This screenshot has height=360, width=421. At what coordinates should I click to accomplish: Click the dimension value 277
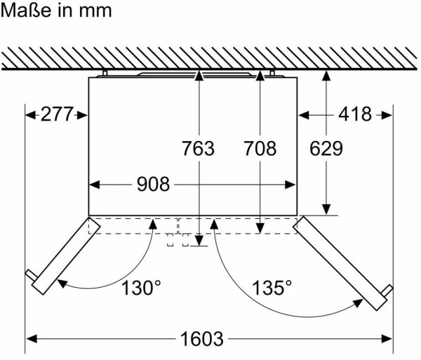click(x=57, y=114)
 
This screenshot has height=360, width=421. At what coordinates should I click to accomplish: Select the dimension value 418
click(x=355, y=114)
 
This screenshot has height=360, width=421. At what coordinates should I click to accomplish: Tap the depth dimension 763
click(x=199, y=148)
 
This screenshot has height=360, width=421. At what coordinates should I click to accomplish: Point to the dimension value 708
click(x=260, y=148)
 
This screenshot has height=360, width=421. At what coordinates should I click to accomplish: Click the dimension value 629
click(x=326, y=148)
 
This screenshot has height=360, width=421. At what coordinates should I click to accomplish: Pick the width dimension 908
click(x=153, y=184)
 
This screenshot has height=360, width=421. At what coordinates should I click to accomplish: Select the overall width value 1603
click(x=202, y=338)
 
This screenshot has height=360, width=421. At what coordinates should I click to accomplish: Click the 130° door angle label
click(x=141, y=288)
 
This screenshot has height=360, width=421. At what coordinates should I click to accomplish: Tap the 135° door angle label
click(x=272, y=288)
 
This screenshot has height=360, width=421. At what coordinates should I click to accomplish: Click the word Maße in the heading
click(x=26, y=11)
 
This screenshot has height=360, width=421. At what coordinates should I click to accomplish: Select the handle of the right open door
click(x=387, y=291)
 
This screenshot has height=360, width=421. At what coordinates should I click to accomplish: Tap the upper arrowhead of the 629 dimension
click(x=326, y=76)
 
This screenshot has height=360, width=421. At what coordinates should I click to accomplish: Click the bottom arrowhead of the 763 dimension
click(x=199, y=241)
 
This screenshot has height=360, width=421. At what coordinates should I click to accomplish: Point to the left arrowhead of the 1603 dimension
click(x=32, y=338)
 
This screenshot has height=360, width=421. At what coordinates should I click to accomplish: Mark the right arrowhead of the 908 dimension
click(x=290, y=185)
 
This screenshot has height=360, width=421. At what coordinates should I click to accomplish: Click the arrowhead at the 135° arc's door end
click(x=358, y=303)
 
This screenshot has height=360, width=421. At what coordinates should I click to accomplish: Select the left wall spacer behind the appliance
click(x=105, y=73)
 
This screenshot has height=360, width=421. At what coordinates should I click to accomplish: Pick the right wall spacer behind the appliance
click(x=272, y=73)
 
